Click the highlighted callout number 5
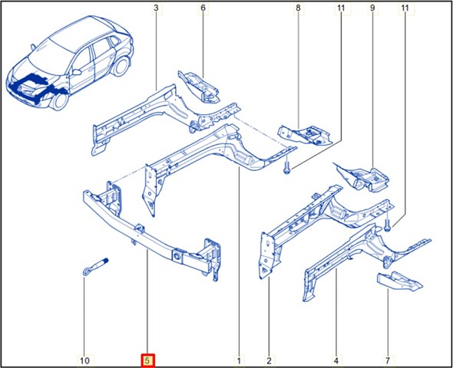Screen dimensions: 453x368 147,360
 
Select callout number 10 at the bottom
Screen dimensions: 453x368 84,360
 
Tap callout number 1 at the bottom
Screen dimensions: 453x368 239,360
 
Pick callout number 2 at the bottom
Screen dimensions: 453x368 269,360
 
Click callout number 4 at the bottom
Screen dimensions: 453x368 336,360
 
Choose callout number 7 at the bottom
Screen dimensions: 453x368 388,360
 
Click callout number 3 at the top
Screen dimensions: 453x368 156,8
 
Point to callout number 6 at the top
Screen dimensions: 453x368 203,8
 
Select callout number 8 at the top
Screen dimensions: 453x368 298,8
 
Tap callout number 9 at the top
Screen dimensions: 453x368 372,8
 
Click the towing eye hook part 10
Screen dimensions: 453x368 95,266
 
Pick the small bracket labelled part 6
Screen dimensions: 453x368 199,87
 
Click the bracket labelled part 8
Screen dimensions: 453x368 305,135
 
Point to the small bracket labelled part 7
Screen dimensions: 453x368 399,281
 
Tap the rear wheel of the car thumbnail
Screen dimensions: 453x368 121,66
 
